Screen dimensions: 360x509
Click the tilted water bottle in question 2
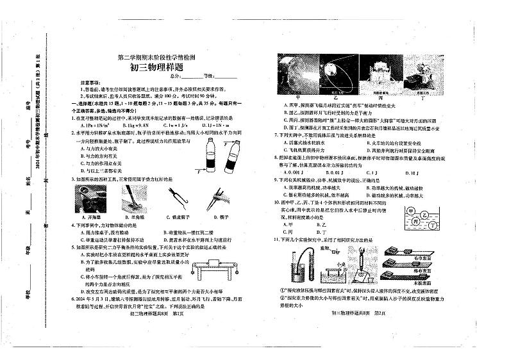coord(231,154)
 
